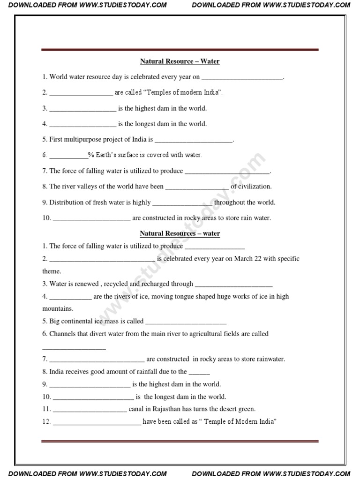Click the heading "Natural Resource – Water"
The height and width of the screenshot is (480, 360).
tap(180, 61)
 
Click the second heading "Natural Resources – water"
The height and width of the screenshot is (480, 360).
tap(180, 233)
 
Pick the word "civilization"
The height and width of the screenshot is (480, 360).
tap(255, 187)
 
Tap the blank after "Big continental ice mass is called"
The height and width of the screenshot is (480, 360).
tap(186, 322)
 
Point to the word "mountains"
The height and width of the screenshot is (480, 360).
tap(57, 309)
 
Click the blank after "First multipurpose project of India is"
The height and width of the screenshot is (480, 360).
tap(194, 140)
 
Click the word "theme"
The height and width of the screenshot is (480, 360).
tap(51, 271)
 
